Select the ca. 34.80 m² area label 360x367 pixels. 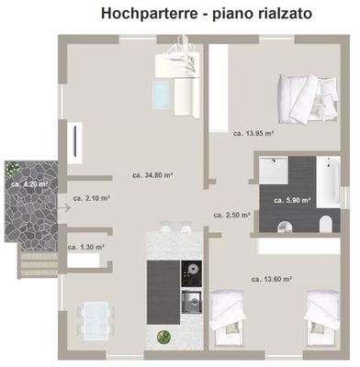[x=153, y=174]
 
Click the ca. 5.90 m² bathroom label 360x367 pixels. [x=292, y=199]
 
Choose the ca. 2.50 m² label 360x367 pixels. [x=232, y=215]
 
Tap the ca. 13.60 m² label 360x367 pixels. [x=271, y=278]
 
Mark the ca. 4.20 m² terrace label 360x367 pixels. [x=29, y=183]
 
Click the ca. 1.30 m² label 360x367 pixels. [x=86, y=247]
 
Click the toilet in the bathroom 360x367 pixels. [x=325, y=224]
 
